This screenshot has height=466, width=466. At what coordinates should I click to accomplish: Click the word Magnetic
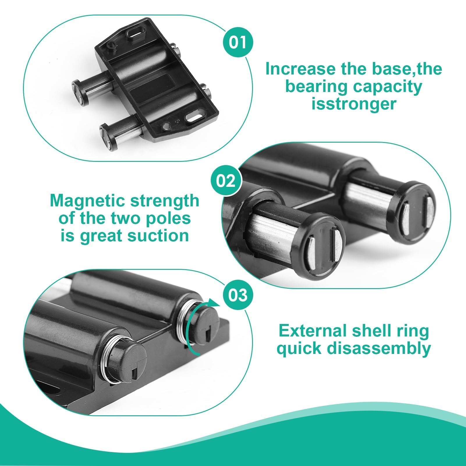pyautogui.click(x=88, y=201)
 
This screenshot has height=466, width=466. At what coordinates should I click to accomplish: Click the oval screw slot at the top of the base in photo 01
pyautogui.click(x=134, y=33)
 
